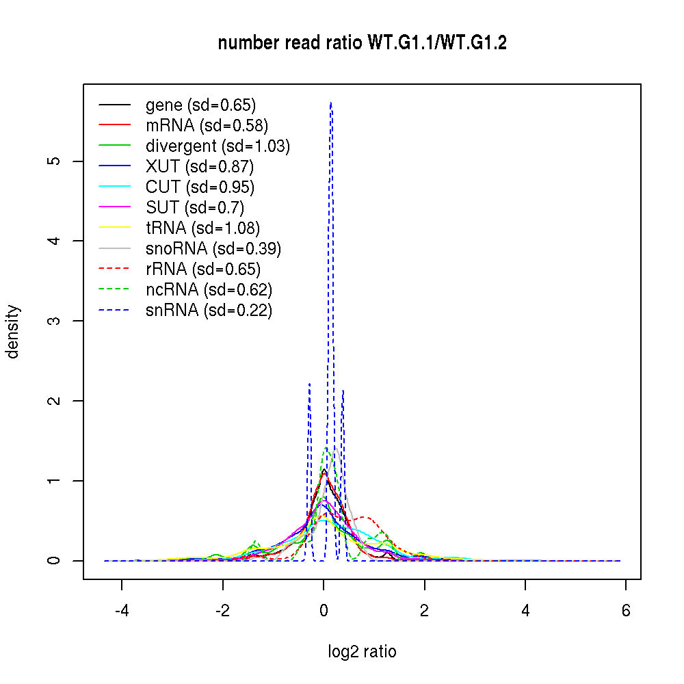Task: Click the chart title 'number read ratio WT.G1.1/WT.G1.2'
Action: (362, 43)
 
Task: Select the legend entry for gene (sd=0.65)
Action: (200, 105)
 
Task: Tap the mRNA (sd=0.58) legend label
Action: (207, 126)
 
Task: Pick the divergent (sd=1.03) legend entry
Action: (218, 146)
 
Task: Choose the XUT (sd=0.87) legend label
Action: (200, 167)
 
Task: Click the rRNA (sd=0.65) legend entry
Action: (203, 269)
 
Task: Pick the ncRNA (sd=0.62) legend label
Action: (209, 290)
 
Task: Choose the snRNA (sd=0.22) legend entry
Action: (209, 311)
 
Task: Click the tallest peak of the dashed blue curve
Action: (331, 103)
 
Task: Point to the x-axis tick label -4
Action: (122, 610)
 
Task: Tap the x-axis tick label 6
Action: (626, 610)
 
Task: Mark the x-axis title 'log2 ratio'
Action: (362, 652)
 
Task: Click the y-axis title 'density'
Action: (13, 332)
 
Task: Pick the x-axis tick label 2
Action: (425, 610)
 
